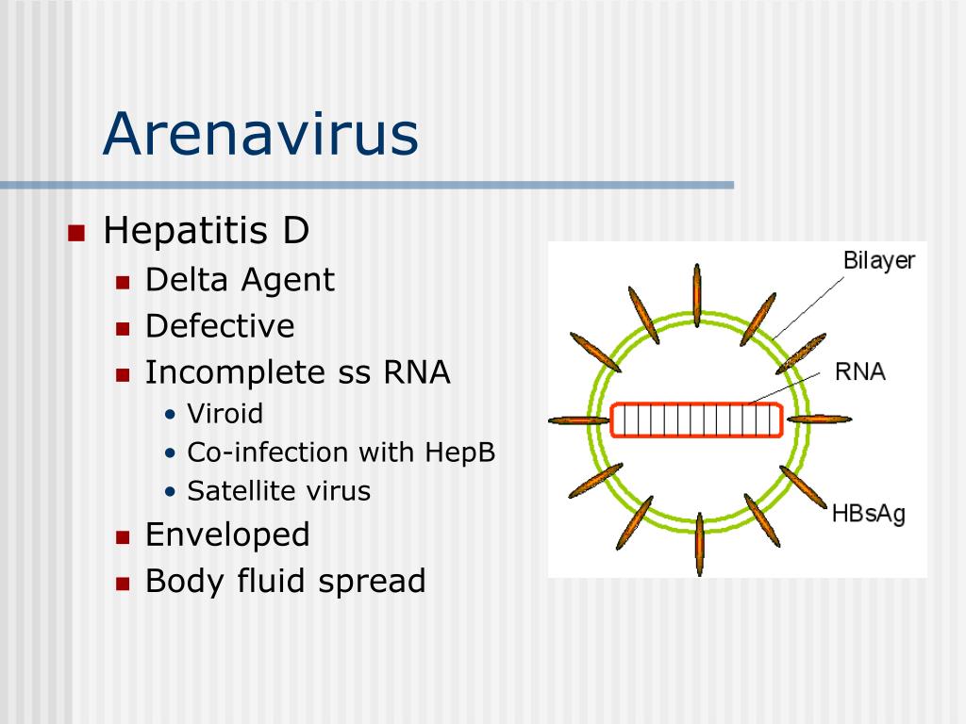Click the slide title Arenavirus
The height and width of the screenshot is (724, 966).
(260, 134)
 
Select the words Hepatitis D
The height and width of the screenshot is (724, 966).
(206, 231)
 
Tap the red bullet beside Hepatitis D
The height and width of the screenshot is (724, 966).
(75, 234)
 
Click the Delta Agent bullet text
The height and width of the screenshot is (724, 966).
(240, 281)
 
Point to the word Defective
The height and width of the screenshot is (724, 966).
(220, 325)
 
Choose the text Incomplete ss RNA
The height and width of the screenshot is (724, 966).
(297, 372)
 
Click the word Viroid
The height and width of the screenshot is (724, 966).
(225, 413)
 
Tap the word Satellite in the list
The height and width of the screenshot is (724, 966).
(234, 490)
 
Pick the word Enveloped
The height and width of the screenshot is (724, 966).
(227, 535)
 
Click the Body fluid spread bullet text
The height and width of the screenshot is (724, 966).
(285, 581)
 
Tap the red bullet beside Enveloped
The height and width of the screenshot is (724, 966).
(123, 537)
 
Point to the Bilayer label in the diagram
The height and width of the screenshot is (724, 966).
(878, 261)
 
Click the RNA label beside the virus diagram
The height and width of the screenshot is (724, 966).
(860, 371)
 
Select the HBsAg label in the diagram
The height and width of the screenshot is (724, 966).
(869, 514)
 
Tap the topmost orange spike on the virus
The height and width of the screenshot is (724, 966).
(697, 295)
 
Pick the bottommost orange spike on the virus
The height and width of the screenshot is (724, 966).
(699, 544)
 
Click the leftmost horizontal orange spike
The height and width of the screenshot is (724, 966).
(578, 421)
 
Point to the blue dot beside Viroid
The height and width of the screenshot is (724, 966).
(171, 415)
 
